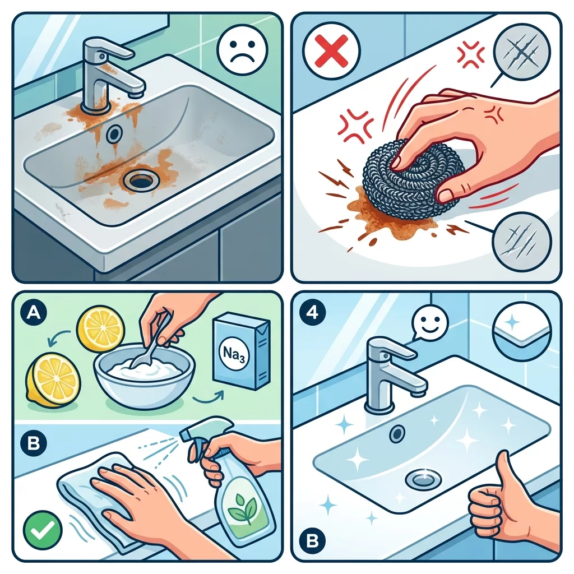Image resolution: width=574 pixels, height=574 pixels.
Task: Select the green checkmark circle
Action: (x=43, y=530)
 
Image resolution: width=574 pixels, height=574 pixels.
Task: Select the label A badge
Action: (x=34, y=313)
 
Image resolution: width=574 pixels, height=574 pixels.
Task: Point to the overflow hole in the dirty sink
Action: (x=114, y=135)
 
